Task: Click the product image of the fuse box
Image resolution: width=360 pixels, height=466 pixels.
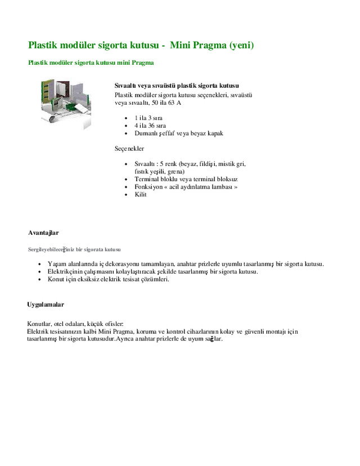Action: click(x=65, y=104)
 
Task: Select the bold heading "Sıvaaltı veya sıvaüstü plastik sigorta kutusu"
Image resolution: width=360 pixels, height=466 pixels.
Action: click(x=177, y=86)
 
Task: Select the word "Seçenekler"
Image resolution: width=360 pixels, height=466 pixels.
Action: click(x=129, y=149)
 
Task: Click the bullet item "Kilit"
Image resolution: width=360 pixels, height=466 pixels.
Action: click(x=141, y=195)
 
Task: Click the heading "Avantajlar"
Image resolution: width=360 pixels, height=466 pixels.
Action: click(x=43, y=232)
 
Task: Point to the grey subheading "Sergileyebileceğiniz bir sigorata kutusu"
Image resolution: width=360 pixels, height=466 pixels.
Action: click(x=74, y=249)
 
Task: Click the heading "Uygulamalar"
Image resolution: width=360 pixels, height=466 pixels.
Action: click(x=46, y=304)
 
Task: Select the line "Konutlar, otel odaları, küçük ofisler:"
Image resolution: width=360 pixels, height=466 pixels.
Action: click(x=75, y=324)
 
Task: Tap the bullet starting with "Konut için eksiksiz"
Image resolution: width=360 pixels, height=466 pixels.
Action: click(x=109, y=279)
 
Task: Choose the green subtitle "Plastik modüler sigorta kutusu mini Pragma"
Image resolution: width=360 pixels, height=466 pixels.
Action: click(x=91, y=62)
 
